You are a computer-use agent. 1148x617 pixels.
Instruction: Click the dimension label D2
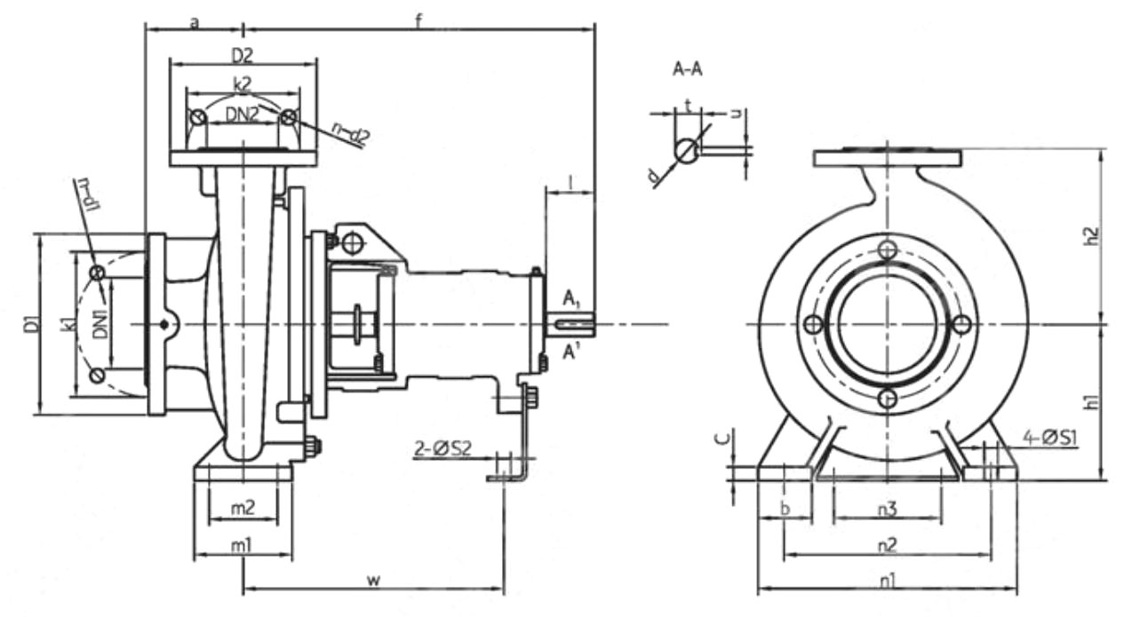pyautogui.click(x=243, y=55)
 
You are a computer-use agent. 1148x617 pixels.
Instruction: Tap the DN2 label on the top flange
pyautogui.click(x=243, y=113)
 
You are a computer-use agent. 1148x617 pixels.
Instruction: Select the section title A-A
pyautogui.click(x=688, y=70)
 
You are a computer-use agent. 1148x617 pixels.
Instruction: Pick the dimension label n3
pyautogui.click(x=887, y=510)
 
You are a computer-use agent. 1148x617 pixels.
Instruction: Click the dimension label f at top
pyautogui.click(x=418, y=20)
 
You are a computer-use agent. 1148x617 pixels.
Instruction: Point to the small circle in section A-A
pyautogui.click(x=686, y=150)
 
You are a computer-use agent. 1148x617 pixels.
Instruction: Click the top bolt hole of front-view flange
pyautogui.click(x=886, y=250)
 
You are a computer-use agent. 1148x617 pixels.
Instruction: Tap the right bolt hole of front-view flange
pyautogui.click(x=961, y=325)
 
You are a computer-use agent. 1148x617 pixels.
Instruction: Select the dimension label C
pyautogui.click(x=725, y=437)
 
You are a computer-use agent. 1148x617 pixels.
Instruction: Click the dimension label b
pyautogui.click(x=785, y=509)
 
